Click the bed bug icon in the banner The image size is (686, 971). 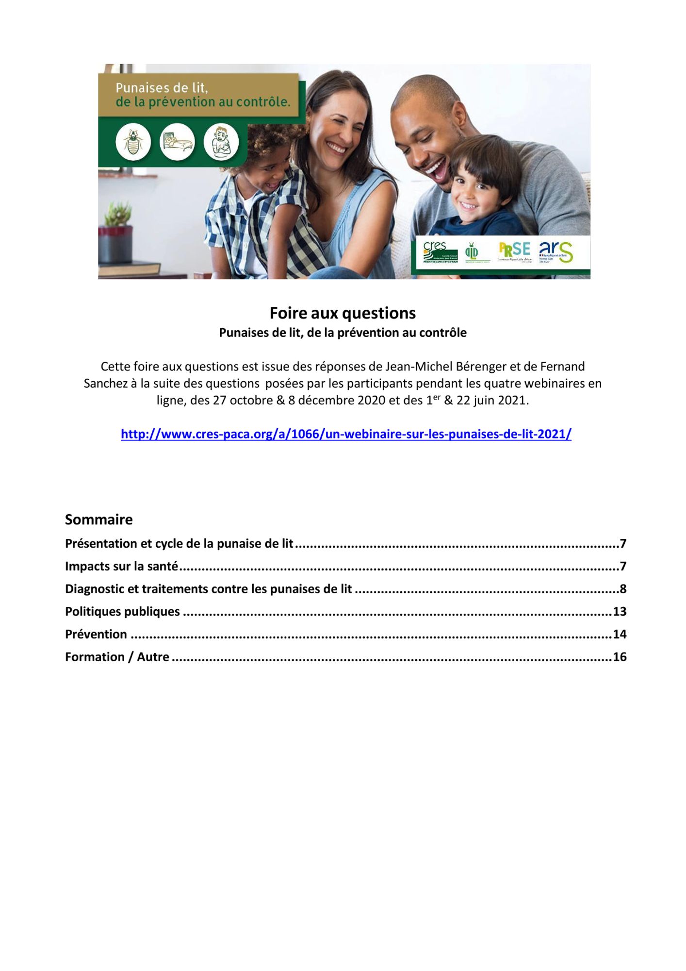coord(133,143)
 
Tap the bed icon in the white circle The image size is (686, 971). coord(177,143)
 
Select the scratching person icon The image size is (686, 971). coord(221,143)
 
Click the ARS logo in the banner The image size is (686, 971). coord(556,252)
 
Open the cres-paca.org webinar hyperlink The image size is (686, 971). coord(346,434)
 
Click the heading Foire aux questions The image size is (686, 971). coord(343,313)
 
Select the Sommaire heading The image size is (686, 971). coord(99,519)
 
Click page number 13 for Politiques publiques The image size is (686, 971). coord(620,611)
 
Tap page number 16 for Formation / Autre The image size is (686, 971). coord(620,657)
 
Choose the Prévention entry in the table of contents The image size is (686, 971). coord(96,634)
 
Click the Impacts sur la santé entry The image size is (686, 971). coord(122,566)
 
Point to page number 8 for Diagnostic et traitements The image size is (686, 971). coord(623,589)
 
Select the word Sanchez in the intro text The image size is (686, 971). coord(105,384)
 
